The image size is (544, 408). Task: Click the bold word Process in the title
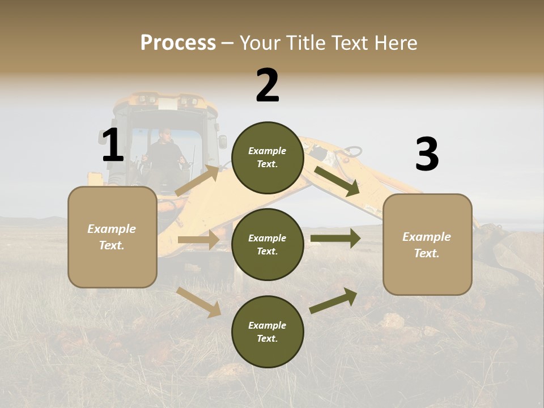[x=178, y=43]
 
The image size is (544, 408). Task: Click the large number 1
[x=113, y=146]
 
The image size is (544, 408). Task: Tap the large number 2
[x=267, y=86]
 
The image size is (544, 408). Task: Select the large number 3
[x=427, y=155]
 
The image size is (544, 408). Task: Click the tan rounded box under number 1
[x=112, y=237]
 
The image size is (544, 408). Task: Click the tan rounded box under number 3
[x=427, y=244]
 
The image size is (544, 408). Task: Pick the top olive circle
[x=267, y=158]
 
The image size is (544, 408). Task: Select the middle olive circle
[x=267, y=244]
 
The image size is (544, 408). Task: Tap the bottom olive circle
[x=267, y=331]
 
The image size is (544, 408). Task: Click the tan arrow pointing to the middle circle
[x=198, y=240]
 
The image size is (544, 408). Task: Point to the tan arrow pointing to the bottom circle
[x=199, y=302]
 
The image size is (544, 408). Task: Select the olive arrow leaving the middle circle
[x=335, y=238]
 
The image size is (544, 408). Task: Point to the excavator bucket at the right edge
[x=504, y=249]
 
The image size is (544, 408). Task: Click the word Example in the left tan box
[x=112, y=229]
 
